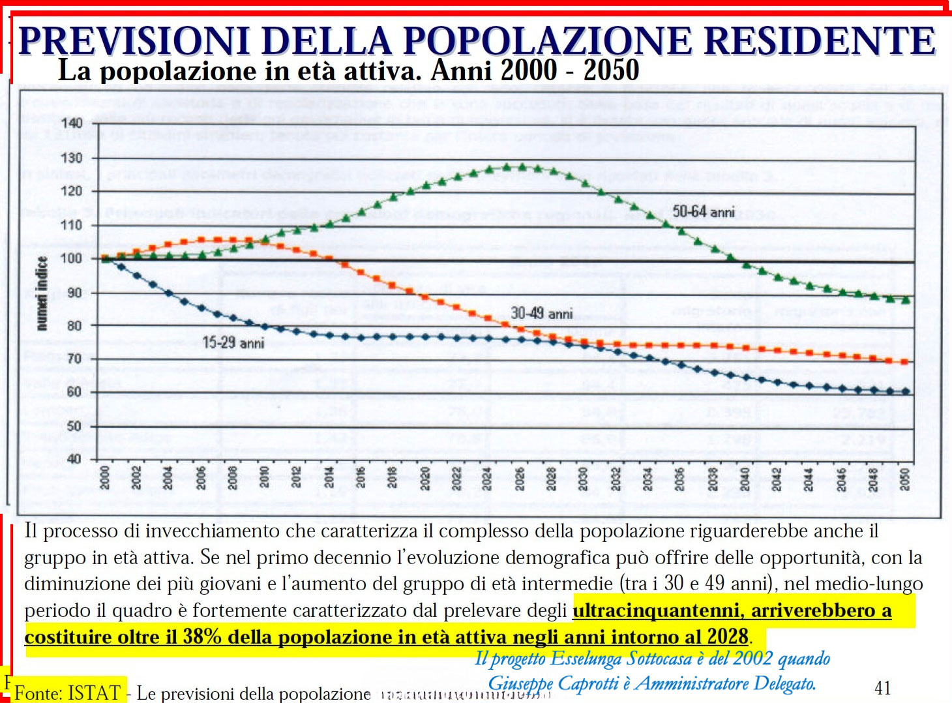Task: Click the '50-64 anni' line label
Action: pyautogui.click(x=703, y=211)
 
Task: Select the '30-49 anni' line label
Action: pyautogui.click(x=541, y=314)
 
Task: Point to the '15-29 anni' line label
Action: pyautogui.click(x=233, y=343)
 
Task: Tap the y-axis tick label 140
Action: pyautogui.click(x=71, y=123)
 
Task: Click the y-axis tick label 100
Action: pyautogui.click(x=71, y=258)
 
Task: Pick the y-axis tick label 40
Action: pyautogui.click(x=74, y=459)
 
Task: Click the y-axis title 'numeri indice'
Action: pyautogui.click(x=42, y=293)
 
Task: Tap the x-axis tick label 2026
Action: pyautogui.click(x=520, y=479)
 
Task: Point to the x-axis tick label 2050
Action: pyautogui.click(x=904, y=479)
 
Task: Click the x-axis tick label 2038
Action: pyautogui.click(x=713, y=479)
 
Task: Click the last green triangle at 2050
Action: pyautogui.click(x=905, y=300)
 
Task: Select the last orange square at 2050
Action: pyautogui.click(x=904, y=362)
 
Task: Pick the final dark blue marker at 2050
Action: pyautogui.click(x=905, y=392)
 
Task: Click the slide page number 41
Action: pyautogui.click(x=882, y=688)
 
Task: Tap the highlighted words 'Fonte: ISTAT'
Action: pyautogui.click(x=68, y=692)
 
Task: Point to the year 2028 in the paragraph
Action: pyautogui.click(x=728, y=636)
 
